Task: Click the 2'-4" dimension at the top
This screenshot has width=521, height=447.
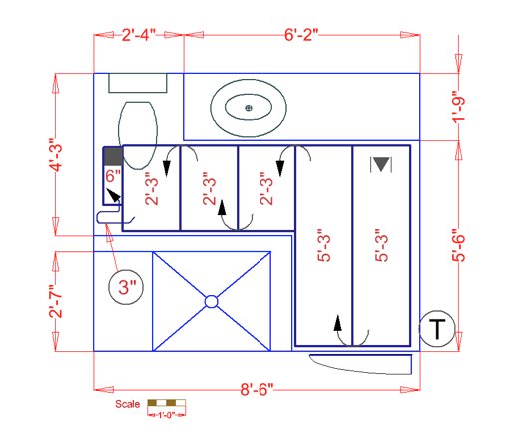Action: tap(139, 37)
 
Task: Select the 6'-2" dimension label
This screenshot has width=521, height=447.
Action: tap(300, 37)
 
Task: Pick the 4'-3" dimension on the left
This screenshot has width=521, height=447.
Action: tap(57, 153)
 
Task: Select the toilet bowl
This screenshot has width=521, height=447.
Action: tap(138, 127)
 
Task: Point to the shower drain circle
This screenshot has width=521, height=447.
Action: tap(211, 300)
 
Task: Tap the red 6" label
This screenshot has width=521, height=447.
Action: tap(112, 175)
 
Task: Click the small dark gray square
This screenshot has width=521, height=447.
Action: tap(112, 156)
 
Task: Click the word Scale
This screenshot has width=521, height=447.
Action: tap(127, 405)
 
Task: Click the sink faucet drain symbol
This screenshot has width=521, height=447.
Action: tap(250, 106)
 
